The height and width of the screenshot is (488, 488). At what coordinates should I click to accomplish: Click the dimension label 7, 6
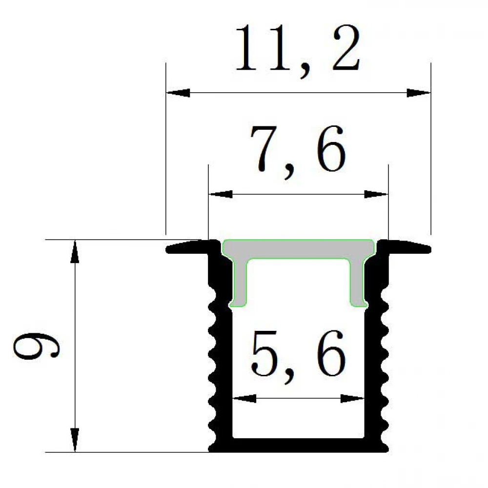coord(298,152)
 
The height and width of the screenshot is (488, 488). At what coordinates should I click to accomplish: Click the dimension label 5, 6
coord(298,356)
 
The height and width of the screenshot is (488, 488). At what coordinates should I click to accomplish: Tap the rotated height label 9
coord(36,346)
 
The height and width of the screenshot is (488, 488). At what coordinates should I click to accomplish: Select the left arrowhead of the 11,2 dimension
coord(178,93)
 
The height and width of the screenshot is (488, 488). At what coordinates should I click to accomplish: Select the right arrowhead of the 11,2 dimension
coord(419,93)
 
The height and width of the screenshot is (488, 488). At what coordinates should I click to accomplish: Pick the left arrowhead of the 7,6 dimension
coord(221,194)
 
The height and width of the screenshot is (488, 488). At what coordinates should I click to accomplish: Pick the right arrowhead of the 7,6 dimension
coord(376,194)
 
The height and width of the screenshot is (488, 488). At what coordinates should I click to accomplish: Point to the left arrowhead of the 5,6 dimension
coord(244,398)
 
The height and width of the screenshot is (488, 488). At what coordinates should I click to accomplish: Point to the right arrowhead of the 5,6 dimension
coord(352,398)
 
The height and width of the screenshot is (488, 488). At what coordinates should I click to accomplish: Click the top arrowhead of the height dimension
coord(75,251)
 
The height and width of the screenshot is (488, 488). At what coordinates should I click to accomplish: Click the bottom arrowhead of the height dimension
coord(75,440)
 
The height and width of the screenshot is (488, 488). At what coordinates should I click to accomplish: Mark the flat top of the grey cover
coord(299,249)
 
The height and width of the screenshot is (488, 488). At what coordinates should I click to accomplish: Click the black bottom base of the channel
coord(298,446)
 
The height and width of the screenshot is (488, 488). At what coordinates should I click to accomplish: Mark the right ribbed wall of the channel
coord(377,352)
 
